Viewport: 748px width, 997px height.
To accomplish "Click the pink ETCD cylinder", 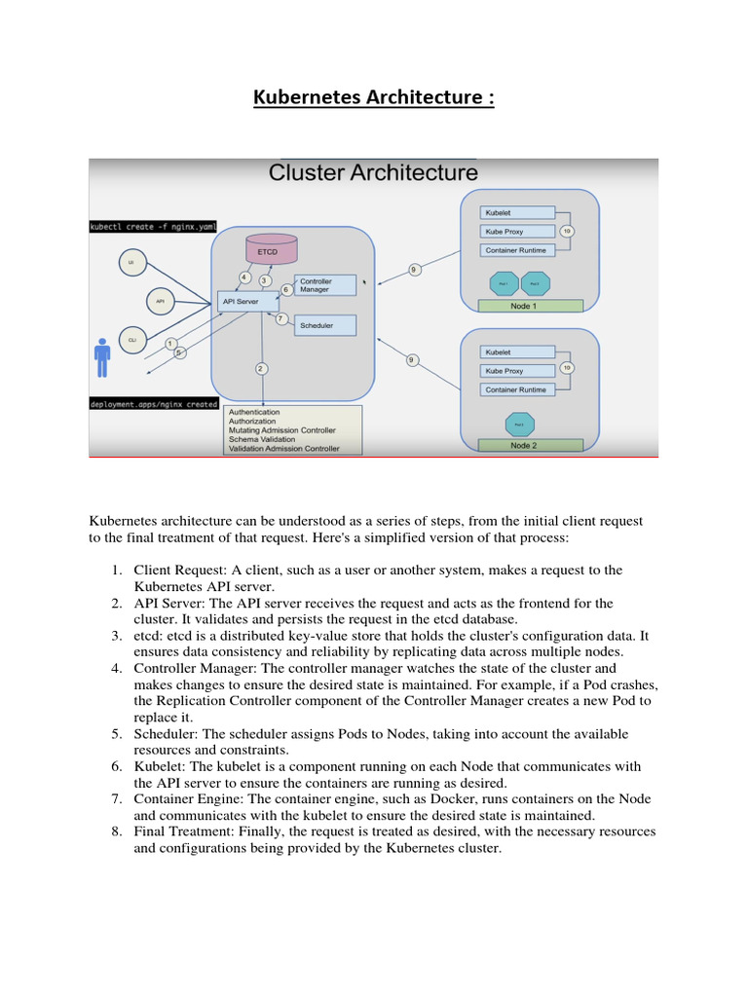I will tap(268, 250).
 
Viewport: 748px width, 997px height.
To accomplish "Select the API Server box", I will tap(250, 302).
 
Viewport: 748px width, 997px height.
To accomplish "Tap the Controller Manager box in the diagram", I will tap(325, 285).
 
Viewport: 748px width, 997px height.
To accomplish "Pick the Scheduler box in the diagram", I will tap(325, 325).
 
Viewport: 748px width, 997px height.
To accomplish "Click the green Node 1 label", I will tap(531, 306).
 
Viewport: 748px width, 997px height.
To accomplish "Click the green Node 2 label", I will tap(531, 445).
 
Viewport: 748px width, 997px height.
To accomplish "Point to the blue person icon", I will tap(102, 357).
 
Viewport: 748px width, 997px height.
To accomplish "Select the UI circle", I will tap(131, 263).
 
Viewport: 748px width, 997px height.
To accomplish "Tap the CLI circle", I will tap(131, 339).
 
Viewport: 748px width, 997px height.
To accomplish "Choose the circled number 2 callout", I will tap(261, 368).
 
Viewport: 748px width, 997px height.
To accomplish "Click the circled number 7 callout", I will tap(280, 318).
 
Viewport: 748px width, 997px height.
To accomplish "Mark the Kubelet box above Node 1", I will tap(517, 212).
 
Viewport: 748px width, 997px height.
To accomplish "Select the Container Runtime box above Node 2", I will tap(517, 389).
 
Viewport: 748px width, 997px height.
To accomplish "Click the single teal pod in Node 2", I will tap(518, 425).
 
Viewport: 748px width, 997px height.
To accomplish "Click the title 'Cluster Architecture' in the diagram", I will tap(373, 173).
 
